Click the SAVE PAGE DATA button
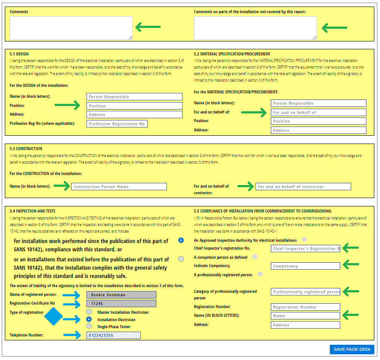point(352,349)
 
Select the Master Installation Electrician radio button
point(89,312)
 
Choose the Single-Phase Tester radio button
point(89,326)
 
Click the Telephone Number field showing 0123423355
point(113,335)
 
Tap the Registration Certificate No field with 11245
point(121,303)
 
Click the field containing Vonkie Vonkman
point(121,295)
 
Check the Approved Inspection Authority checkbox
point(304,240)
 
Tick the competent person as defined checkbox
point(255,257)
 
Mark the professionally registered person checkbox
point(260,274)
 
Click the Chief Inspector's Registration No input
point(305,248)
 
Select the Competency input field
point(305,266)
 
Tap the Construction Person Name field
point(119,187)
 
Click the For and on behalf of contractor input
point(303,187)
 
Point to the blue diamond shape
point(54,316)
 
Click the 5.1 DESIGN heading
point(19,54)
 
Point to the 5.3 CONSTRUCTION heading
point(26,149)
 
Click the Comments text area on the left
point(71,28)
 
